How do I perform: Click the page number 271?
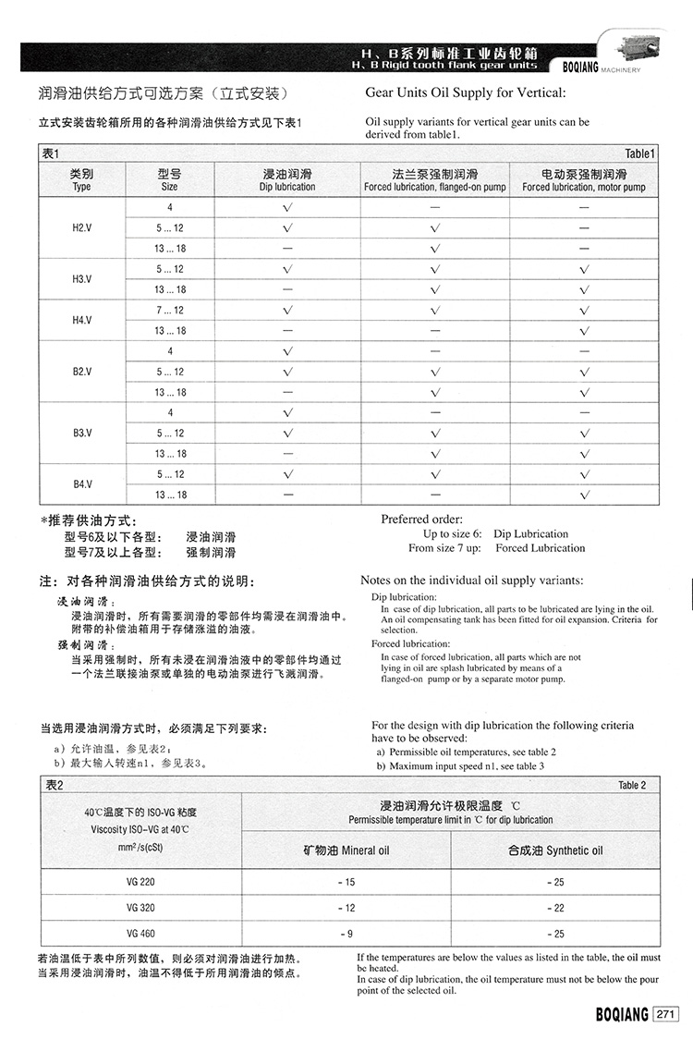click(x=665, y=1015)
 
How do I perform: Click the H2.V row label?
click(x=81, y=227)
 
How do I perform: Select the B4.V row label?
click(x=81, y=484)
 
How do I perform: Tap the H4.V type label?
click(x=81, y=320)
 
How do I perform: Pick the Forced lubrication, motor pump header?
click(x=584, y=180)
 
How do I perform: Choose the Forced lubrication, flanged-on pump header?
click(x=435, y=180)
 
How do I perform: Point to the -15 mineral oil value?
click(x=346, y=882)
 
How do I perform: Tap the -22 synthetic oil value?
click(x=555, y=908)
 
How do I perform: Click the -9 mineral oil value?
click(x=346, y=934)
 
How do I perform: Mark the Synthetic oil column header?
click(x=555, y=850)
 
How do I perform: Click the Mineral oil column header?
click(x=346, y=850)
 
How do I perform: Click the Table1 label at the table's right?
click(x=639, y=153)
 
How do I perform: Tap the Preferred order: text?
click(x=422, y=520)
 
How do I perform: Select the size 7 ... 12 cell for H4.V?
click(x=170, y=311)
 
